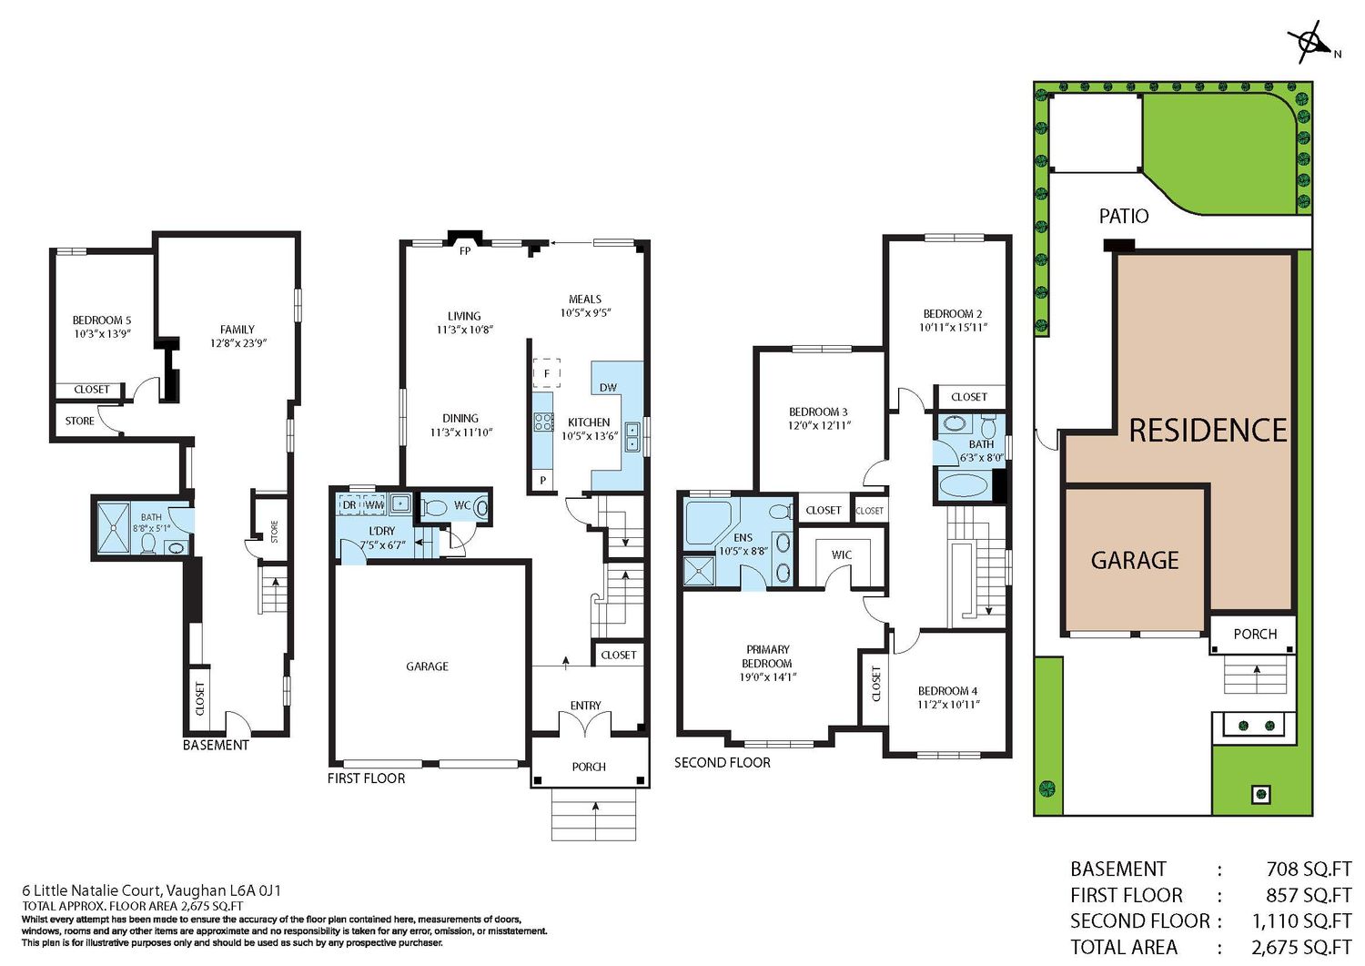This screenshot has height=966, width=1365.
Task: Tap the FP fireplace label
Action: tap(465, 250)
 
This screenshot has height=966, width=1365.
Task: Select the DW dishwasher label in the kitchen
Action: tap(608, 387)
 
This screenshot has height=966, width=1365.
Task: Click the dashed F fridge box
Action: tap(547, 373)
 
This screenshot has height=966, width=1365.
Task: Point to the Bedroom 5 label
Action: tap(102, 320)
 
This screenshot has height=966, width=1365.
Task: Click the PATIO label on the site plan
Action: tap(1124, 216)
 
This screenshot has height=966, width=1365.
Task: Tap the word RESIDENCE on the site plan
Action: tap(1208, 430)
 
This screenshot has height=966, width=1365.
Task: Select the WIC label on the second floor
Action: tap(842, 555)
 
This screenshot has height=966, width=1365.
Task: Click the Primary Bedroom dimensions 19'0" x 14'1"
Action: tap(768, 677)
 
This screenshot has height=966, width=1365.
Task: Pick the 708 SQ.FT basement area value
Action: tap(1309, 869)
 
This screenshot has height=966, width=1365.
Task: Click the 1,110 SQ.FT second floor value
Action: tap(1302, 920)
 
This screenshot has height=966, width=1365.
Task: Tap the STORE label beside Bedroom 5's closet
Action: tap(80, 421)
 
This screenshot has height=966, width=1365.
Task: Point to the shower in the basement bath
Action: tap(114, 528)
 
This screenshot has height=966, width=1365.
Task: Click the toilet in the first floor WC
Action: tap(434, 507)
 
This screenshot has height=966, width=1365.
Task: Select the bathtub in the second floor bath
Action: tap(966, 486)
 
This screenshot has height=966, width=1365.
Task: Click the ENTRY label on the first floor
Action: tap(586, 706)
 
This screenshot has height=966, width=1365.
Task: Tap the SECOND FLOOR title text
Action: tap(723, 763)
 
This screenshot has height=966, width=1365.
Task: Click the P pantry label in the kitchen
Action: tap(543, 481)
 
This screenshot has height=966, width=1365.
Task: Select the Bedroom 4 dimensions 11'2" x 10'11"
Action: tap(949, 705)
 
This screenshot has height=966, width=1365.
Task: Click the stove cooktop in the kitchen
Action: tap(543, 422)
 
